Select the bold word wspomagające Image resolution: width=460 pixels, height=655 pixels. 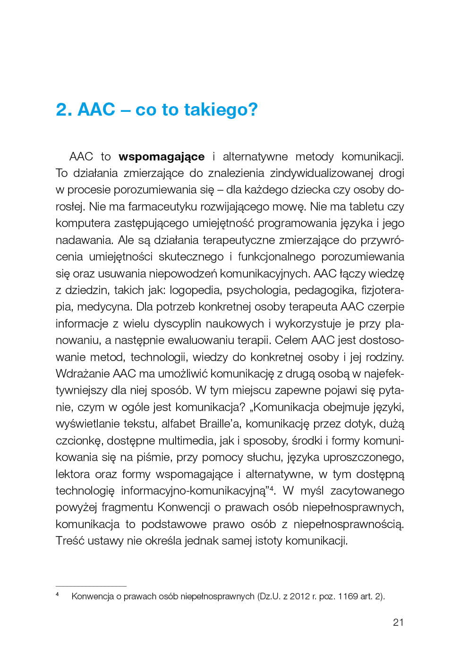click(162, 157)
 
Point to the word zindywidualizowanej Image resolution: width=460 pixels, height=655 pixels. click(316, 173)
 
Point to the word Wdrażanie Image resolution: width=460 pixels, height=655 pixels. click(83, 374)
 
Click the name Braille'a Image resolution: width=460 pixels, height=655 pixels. click(221, 424)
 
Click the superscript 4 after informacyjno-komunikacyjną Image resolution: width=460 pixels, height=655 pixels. click(272, 488)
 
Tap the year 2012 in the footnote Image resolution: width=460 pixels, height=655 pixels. click(300, 596)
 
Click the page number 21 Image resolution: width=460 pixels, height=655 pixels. click(398, 622)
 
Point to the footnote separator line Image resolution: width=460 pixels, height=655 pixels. click(91, 586)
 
